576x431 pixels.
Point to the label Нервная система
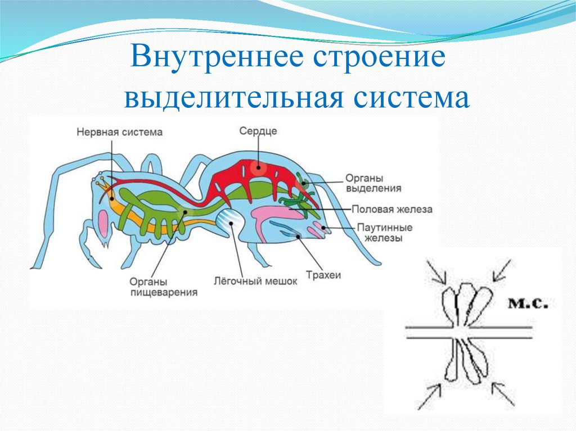[119, 132]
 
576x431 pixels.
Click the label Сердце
[258, 130]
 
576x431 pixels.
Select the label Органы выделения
[373, 184]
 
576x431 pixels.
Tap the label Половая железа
[392, 209]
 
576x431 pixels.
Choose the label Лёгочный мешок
[255, 280]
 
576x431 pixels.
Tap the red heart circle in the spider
[258, 166]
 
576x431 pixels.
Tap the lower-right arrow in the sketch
[503, 393]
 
